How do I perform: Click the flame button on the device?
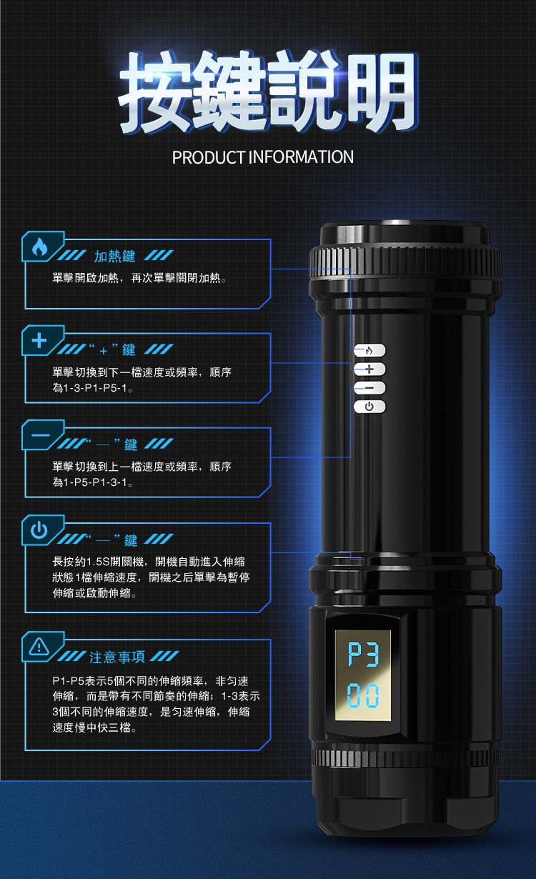[x=369, y=350]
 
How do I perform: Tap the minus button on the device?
[x=369, y=388]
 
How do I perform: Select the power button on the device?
[x=369, y=407]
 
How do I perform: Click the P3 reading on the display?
[x=363, y=655]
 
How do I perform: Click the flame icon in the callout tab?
[x=39, y=247]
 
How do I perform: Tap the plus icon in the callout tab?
[x=39, y=340]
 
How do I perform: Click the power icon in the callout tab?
[x=39, y=530]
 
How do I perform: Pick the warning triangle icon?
[x=39, y=646]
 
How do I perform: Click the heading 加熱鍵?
[x=114, y=257]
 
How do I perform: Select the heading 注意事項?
[x=117, y=657]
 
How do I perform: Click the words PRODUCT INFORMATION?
[x=262, y=157]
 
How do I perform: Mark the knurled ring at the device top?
[x=405, y=262]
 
